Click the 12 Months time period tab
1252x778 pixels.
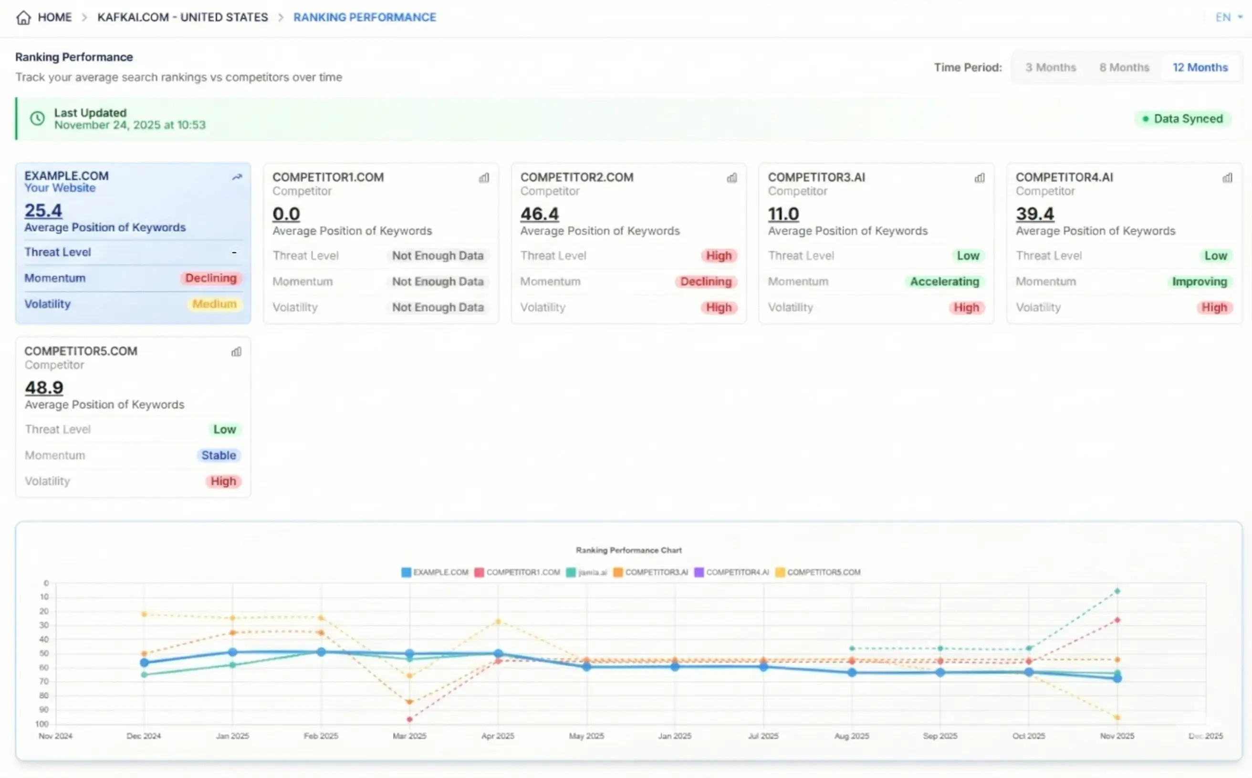click(1200, 67)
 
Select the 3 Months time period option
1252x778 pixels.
click(1050, 67)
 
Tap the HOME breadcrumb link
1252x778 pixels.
click(54, 18)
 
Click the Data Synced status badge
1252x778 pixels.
click(1182, 119)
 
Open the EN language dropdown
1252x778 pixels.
click(1228, 18)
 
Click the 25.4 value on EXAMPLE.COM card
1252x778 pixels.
click(43, 210)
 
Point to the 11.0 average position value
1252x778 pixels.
click(783, 214)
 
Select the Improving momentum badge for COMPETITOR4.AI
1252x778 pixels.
click(1199, 281)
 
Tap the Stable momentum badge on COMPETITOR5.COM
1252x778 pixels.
click(219, 455)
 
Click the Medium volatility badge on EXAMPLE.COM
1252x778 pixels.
click(214, 304)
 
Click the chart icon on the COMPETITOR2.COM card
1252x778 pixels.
click(731, 178)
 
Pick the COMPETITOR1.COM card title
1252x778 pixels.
click(328, 177)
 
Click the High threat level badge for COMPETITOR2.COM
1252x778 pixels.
click(718, 256)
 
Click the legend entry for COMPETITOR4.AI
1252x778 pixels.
click(732, 572)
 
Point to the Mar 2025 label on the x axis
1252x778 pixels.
click(409, 736)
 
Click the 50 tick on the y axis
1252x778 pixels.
click(44, 654)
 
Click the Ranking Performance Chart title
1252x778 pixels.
click(628, 550)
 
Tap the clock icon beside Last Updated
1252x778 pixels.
click(37, 119)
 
